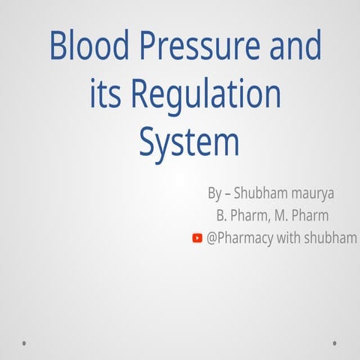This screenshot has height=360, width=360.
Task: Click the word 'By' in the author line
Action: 214,193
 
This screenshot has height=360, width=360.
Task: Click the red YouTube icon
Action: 197,238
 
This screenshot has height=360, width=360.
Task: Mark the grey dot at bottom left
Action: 25,343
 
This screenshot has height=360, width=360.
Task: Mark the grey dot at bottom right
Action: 334,343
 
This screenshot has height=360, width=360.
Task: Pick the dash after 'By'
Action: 227,194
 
